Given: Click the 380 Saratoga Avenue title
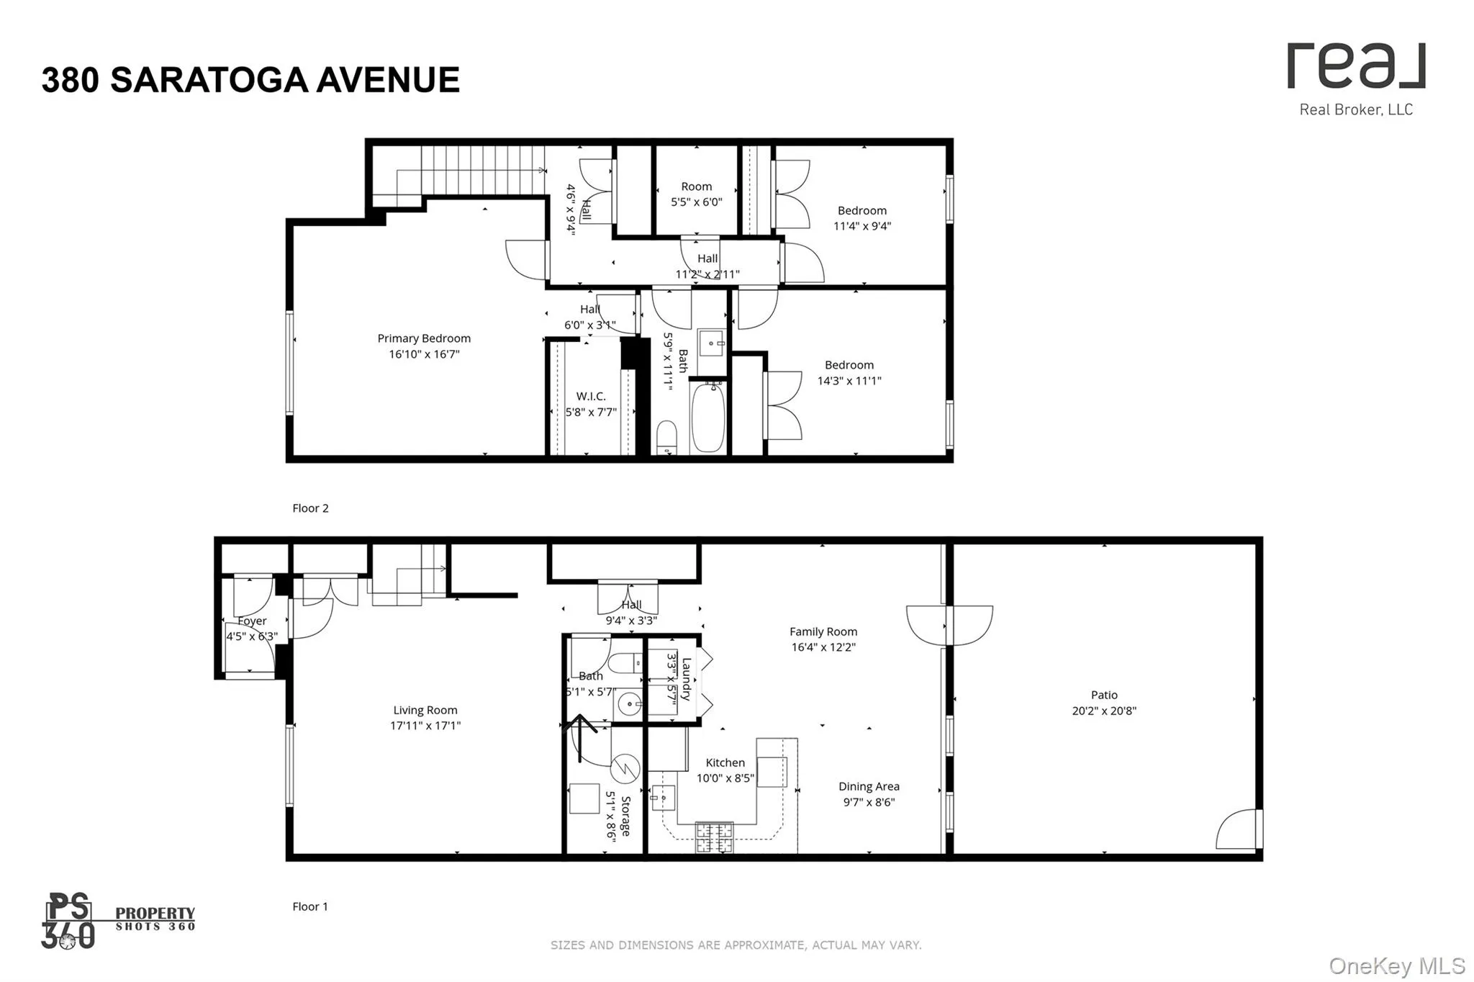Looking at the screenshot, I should pos(250,80).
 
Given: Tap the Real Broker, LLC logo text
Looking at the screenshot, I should pos(1356,109).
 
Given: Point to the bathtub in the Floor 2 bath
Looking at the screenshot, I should pos(708,418).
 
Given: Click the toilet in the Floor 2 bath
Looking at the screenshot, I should pos(667,437).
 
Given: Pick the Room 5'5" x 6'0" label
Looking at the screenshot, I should pos(696,194).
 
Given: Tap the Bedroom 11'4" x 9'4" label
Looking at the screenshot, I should pos(862,217).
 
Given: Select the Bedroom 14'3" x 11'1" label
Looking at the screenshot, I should pos(849,372).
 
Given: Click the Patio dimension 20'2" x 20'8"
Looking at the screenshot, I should pos(1104,711).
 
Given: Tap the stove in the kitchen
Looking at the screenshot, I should pos(714,837).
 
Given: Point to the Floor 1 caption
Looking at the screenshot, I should pos(310,906).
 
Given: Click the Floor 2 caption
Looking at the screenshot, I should pos(310,508).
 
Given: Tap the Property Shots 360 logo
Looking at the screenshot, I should pos(119,921).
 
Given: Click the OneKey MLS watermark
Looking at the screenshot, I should pos(1396,965).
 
